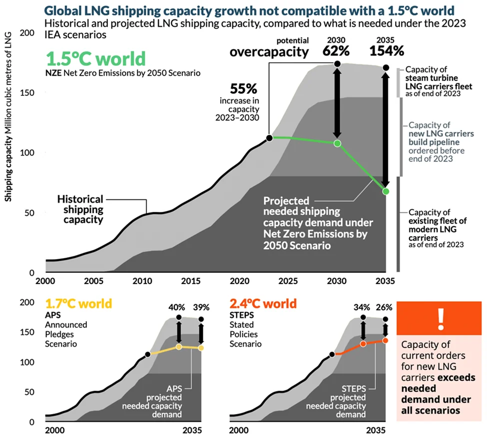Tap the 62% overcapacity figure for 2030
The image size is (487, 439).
337,50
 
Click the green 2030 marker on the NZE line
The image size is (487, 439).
337,143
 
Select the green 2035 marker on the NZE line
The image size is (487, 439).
386,191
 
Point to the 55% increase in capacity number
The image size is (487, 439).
243,89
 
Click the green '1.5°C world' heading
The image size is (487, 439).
95,59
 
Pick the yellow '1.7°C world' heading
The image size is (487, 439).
78,303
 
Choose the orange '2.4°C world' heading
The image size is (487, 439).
263,303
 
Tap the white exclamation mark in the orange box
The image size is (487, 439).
440,319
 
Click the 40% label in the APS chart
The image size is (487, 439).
179,307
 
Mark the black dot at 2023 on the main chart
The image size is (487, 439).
269,138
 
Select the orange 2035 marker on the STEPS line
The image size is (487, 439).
385,341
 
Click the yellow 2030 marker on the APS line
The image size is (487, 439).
179,347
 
